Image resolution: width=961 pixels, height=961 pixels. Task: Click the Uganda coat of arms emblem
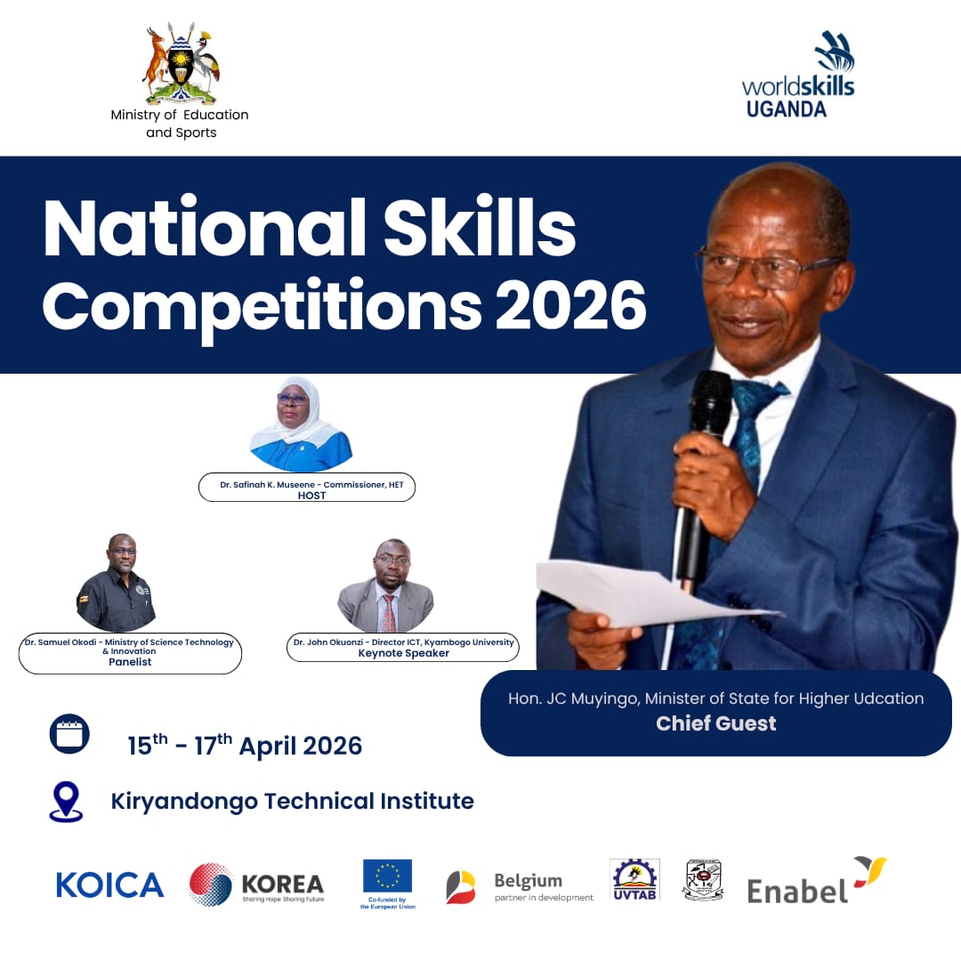[181, 64]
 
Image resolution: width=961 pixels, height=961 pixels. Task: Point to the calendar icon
[69, 734]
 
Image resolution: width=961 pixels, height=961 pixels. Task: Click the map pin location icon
[66, 801]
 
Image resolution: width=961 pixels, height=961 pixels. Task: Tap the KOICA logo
[109, 884]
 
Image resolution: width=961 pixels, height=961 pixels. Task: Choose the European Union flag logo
[387, 876]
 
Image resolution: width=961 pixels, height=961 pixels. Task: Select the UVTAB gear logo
[634, 879]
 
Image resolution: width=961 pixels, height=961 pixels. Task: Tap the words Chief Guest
[715, 723]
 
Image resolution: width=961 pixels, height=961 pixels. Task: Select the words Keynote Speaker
[403, 653]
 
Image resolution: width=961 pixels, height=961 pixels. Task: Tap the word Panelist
[130, 662]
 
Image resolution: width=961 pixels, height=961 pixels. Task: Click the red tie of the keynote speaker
[389, 613]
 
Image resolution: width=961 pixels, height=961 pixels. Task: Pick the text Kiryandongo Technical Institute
[292, 801]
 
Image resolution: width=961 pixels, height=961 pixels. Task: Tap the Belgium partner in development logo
[520, 886]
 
